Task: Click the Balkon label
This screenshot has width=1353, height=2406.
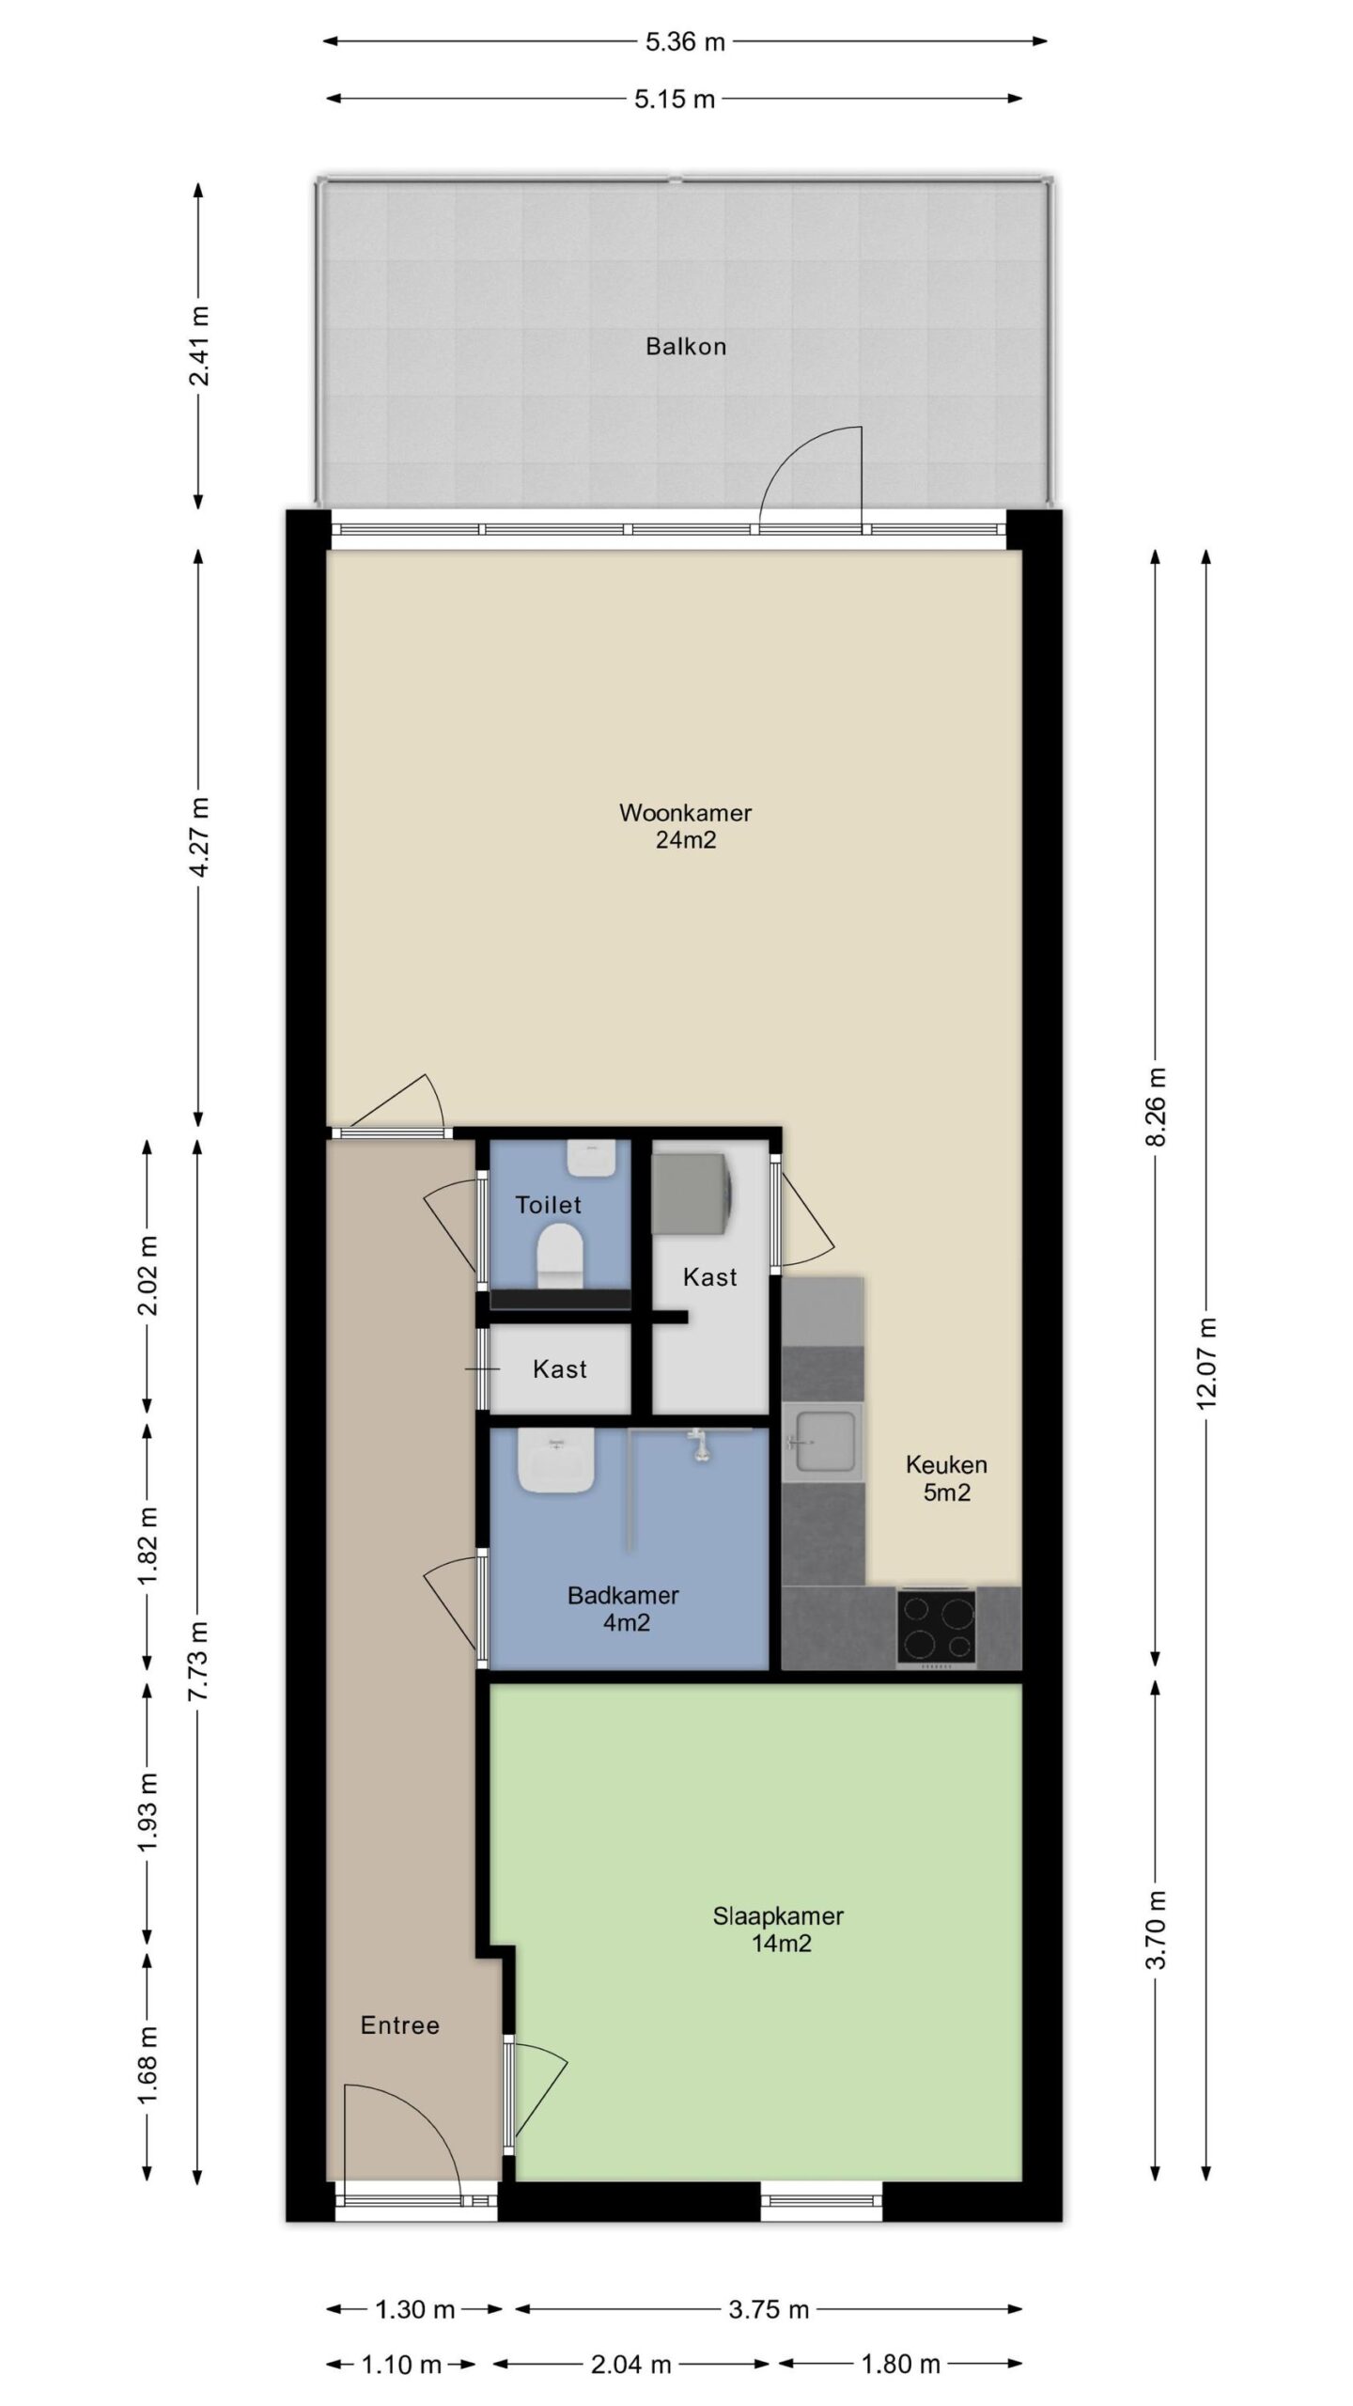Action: [x=685, y=347]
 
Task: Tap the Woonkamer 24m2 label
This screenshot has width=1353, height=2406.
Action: [x=685, y=826]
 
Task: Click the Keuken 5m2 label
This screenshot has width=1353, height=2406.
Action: [x=946, y=1478]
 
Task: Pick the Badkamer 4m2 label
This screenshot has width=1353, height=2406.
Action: [x=623, y=1608]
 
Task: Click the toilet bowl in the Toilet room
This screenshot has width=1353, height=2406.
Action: [x=560, y=1254]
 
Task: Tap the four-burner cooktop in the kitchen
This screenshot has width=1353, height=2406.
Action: [x=935, y=1627]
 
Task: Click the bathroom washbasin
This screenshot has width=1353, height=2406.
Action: [x=556, y=1460]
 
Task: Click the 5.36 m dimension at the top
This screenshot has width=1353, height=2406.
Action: [x=685, y=41]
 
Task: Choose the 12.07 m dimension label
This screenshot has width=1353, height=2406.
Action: [x=1206, y=1363]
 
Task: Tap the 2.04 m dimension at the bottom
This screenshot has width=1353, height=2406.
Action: [x=630, y=2364]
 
